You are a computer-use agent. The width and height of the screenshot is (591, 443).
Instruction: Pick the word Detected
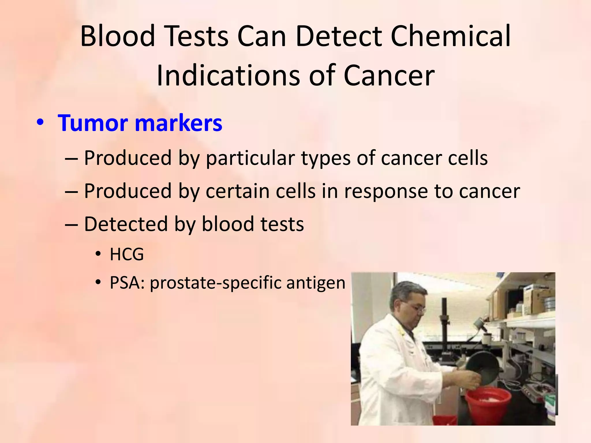pyautogui.click(x=126, y=224)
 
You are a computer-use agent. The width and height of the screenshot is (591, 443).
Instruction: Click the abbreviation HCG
pyautogui.click(x=127, y=254)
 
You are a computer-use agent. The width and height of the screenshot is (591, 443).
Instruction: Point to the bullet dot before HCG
pyautogui.click(x=98, y=254)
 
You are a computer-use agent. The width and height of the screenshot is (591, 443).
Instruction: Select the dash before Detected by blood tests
pyautogui.click(x=71, y=224)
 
